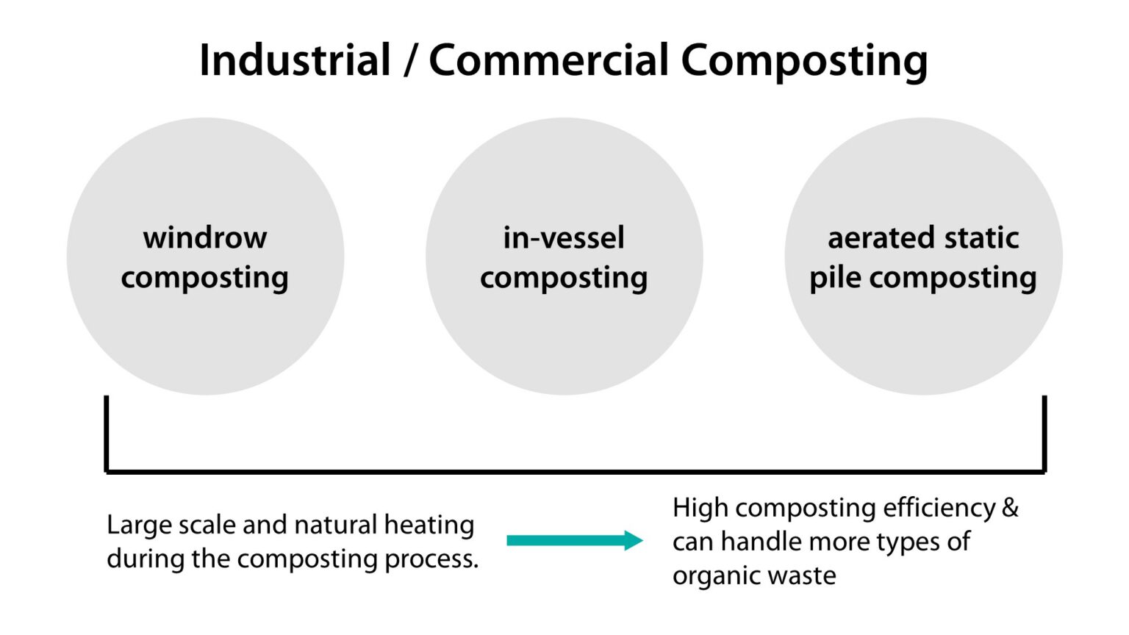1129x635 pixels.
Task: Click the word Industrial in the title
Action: (x=295, y=60)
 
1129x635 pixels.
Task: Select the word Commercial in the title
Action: (x=548, y=60)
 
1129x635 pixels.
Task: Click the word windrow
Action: (x=205, y=237)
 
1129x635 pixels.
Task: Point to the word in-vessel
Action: (x=564, y=237)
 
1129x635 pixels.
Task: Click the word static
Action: (x=981, y=237)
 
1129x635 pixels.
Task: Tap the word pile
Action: (x=835, y=278)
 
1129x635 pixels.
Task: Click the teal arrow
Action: (x=574, y=541)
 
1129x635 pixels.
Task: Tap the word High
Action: (x=700, y=508)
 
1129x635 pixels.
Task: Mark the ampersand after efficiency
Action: (x=1010, y=508)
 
